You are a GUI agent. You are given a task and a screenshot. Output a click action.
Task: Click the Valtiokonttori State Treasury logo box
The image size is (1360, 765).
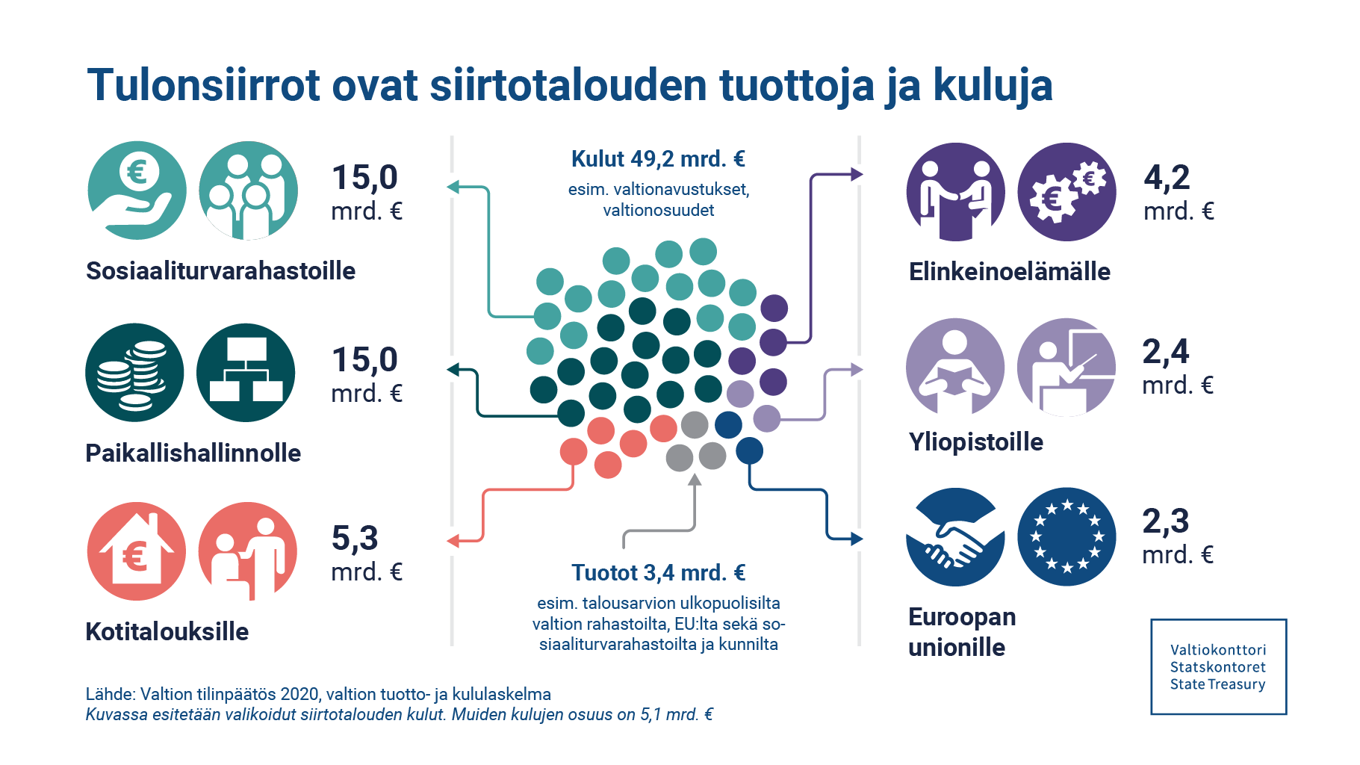click(1218, 666)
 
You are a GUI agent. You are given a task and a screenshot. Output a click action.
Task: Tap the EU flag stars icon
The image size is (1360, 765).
click(1066, 536)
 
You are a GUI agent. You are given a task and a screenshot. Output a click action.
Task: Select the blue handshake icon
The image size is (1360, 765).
click(955, 536)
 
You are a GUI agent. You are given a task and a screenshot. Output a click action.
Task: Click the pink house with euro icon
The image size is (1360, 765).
click(137, 551)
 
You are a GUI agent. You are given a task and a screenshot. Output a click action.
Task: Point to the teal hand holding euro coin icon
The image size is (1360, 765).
click(137, 191)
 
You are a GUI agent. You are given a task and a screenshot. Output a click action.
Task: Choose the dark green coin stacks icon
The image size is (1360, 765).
click(134, 372)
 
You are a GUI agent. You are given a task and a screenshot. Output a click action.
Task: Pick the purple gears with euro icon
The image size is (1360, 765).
click(1066, 192)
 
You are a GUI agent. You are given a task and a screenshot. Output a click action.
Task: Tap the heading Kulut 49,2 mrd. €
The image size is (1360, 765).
click(658, 159)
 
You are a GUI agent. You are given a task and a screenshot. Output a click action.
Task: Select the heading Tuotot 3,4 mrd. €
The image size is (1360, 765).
click(658, 573)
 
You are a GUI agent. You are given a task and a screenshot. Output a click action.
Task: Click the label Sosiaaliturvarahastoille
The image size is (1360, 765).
click(220, 270)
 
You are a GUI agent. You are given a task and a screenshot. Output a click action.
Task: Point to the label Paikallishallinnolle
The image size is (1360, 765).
click(193, 453)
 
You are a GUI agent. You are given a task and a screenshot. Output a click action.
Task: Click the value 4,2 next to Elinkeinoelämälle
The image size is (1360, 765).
click(1167, 178)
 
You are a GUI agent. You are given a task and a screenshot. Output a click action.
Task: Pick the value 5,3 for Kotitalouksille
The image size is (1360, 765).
click(355, 539)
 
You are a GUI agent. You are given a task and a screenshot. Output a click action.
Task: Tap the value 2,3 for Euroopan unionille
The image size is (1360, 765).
click(1166, 521)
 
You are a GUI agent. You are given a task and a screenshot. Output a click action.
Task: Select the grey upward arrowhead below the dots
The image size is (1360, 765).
click(695, 480)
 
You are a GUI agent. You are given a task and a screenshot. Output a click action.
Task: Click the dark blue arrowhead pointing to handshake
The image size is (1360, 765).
click(857, 539)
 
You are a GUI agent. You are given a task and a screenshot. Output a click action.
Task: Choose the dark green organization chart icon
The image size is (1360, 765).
click(246, 372)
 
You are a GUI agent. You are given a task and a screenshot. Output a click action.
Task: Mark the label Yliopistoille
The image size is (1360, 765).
click(975, 442)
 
